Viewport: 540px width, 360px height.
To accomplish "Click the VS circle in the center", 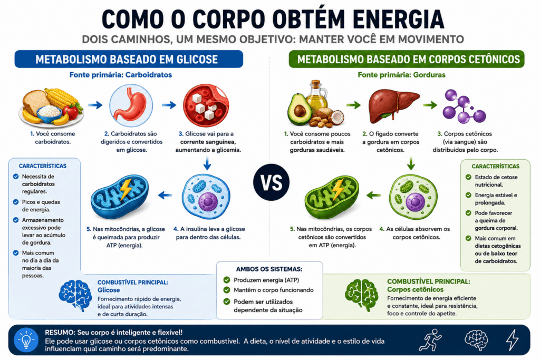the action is [272, 182].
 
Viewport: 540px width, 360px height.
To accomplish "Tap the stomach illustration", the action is [131, 105].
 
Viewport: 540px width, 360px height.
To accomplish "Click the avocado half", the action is [299, 109].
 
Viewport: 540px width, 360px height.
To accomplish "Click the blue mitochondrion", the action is [120, 196].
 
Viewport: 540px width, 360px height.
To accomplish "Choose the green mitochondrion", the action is [332, 197].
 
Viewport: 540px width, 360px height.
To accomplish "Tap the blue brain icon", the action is [75, 295].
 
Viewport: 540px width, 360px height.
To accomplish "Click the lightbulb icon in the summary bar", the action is [26, 340].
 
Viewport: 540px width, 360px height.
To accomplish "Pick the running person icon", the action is [430, 339].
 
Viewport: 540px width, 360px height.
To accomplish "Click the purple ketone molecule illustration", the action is [464, 106].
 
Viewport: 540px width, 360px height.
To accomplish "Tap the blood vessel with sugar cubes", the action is [206, 105].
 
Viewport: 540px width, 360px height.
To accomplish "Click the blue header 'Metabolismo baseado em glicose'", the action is [129, 59].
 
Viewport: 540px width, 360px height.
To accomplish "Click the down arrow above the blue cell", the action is [207, 163].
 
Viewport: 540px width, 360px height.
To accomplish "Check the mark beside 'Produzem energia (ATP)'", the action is [227, 280].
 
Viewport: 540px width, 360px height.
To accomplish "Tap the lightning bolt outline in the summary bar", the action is [513, 339].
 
